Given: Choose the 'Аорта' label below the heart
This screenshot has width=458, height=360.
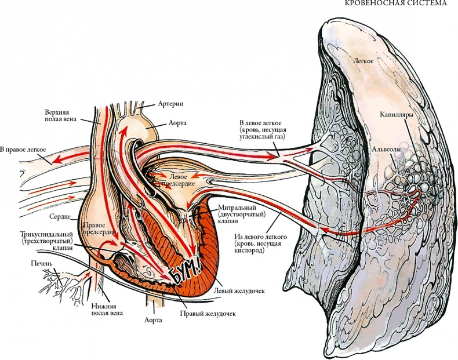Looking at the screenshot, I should [x=152, y=319].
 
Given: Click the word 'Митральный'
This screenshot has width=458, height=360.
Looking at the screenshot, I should [x=235, y=207].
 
